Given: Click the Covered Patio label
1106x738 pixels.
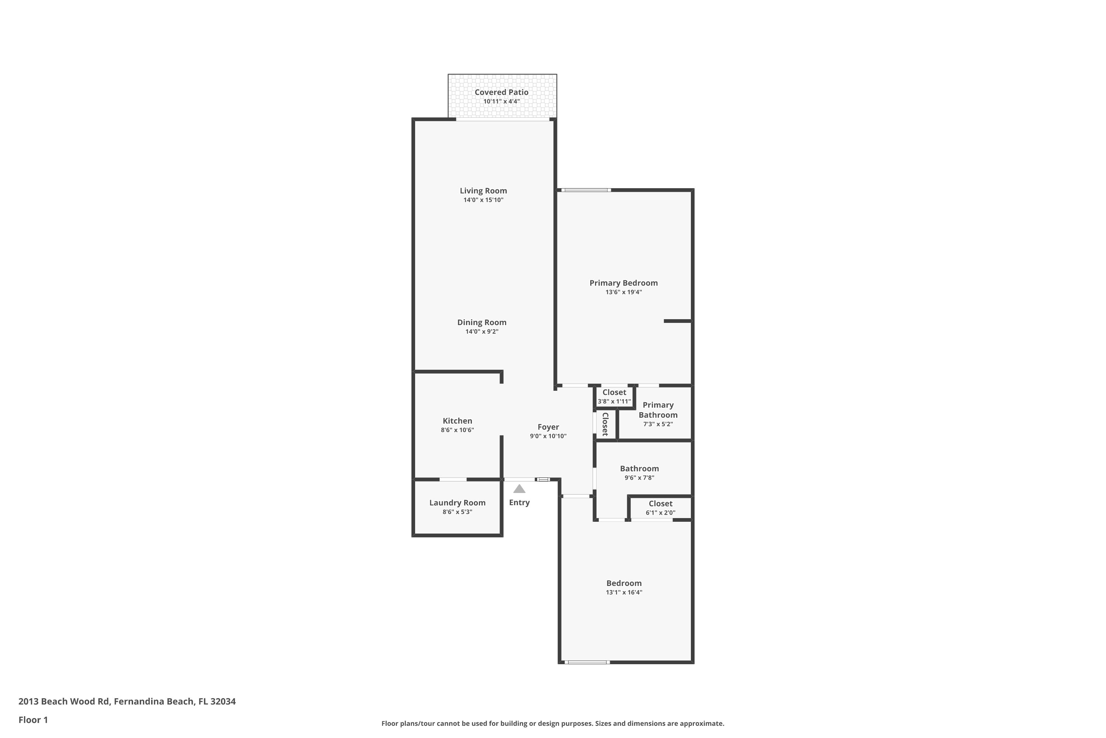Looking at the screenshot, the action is (x=501, y=92).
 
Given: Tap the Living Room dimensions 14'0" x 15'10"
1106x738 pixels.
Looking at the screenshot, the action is (x=483, y=200).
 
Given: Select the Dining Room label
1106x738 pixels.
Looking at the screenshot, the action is (x=482, y=323).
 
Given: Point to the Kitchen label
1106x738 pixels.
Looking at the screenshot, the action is (x=458, y=421).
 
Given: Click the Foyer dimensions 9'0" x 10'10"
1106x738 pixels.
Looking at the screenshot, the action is (x=548, y=436).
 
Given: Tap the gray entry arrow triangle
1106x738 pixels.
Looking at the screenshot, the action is (x=519, y=489).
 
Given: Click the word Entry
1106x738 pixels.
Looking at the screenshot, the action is (x=519, y=503).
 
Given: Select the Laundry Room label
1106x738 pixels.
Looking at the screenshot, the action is (x=458, y=503).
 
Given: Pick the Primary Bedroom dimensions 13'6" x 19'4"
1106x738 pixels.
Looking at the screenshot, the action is (x=623, y=292).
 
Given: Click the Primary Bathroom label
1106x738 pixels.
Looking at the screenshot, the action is (x=658, y=410).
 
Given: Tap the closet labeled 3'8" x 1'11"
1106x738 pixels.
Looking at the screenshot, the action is (x=614, y=397).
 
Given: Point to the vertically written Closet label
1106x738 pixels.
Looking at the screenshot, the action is (x=605, y=424).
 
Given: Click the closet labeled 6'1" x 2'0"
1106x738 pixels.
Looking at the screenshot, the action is (x=661, y=508).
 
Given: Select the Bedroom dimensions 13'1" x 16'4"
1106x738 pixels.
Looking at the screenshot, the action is (x=624, y=593).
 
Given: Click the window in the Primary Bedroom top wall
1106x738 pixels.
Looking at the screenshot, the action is (x=586, y=190).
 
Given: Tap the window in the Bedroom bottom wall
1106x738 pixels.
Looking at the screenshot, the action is (x=587, y=662).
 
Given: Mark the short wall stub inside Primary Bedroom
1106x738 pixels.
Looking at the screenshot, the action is (x=678, y=321).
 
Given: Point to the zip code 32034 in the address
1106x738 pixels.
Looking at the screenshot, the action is (x=223, y=701).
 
